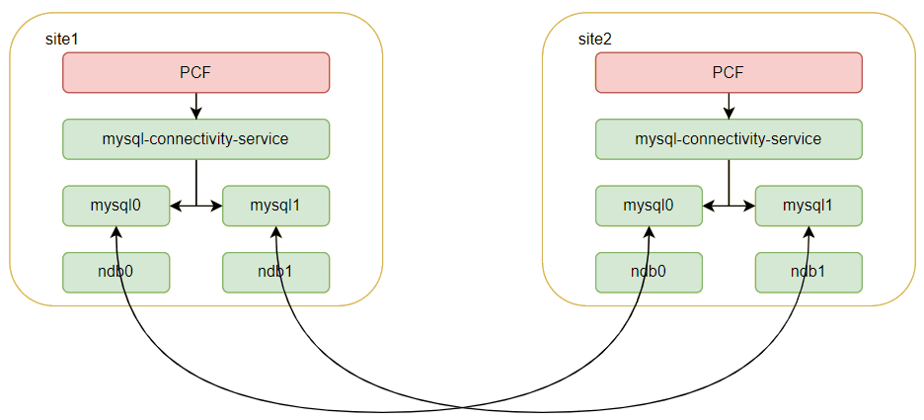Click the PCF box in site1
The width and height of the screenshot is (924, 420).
[x=195, y=72]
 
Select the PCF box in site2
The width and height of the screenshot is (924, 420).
[x=729, y=72]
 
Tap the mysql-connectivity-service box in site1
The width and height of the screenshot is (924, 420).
[x=195, y=139]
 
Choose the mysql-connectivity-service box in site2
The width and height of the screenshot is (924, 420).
[x=729, y=139]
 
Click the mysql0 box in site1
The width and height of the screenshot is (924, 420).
[x=116, y=206]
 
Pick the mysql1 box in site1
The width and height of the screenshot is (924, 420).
[x=276, y=206]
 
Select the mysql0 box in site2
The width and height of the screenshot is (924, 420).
[x=649, y=206]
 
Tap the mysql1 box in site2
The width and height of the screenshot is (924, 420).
[x=808, y=206]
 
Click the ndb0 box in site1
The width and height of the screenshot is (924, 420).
[x=116, y=272]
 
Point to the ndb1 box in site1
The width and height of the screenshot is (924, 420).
[x=276, y=272]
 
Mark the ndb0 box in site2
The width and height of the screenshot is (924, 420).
[x=649, y=272]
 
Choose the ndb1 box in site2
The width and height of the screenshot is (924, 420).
[x=808, y=272]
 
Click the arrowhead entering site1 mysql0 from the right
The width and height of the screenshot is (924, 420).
[x=176, y=207]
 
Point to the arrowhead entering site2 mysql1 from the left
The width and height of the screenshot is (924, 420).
[x=750, y=207]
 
